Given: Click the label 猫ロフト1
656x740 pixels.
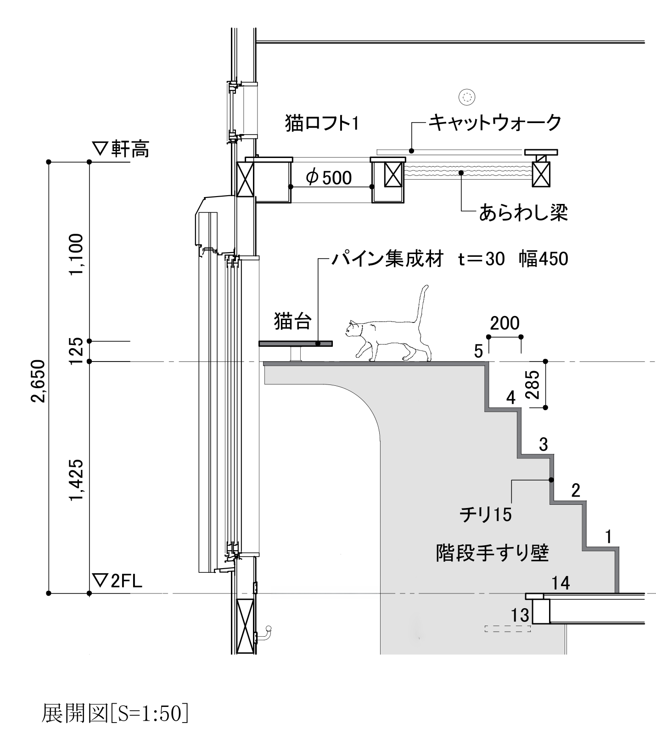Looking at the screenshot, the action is coord(322,124).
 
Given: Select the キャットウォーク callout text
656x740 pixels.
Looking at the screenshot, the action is coord(495,123).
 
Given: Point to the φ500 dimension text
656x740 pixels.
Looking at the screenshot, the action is coord(329,177).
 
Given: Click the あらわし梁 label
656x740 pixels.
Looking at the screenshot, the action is coord(523,213).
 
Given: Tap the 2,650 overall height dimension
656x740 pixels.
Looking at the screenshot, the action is coord(39,381).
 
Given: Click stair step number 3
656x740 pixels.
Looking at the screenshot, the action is coord(544,445).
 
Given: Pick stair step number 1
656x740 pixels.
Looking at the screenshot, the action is coord(609,536).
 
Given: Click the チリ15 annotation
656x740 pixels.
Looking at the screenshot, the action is coord(486,514).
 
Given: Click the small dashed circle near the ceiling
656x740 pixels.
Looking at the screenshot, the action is coord(467,97).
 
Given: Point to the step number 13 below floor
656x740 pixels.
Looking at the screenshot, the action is coord(520,615).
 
